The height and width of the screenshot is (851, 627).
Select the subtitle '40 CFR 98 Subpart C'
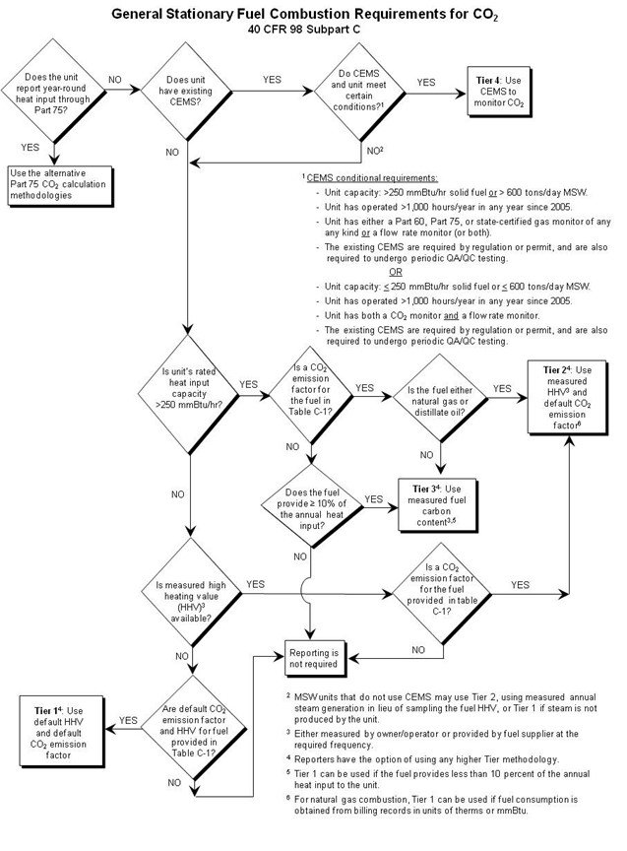[313, 30]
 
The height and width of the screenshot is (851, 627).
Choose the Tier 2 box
[572, 384]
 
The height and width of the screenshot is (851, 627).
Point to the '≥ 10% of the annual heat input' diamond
[311, 501]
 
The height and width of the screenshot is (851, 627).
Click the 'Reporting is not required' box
[312, 657]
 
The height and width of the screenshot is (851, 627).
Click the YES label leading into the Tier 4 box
[426, 83]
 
